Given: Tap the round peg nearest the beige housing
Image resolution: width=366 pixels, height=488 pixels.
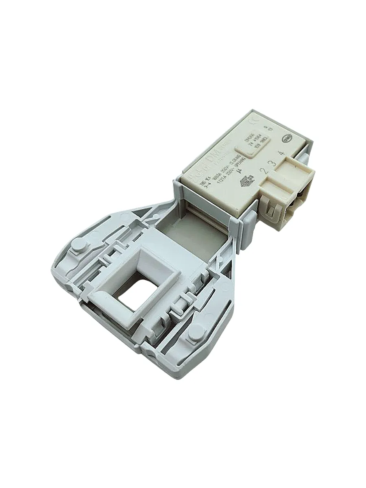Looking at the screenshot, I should coord(79,246).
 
